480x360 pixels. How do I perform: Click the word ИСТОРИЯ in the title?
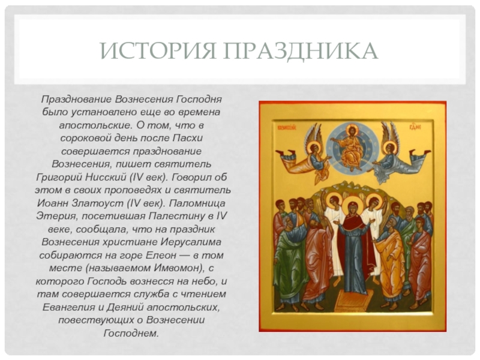158,50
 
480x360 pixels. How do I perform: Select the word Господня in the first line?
199,100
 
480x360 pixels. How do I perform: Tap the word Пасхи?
187,138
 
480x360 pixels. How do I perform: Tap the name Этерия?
56,216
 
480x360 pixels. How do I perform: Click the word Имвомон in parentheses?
175,268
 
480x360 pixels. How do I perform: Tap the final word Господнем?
131,333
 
